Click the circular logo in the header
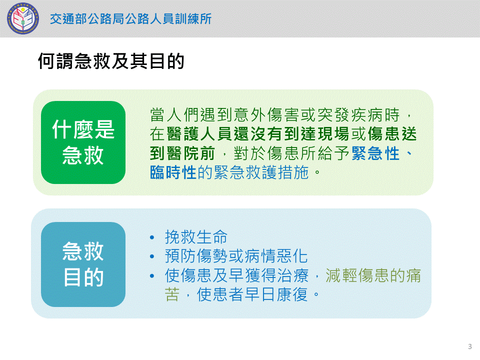23,18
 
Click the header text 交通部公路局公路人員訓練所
130,18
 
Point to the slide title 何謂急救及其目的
111,61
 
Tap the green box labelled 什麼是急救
83,142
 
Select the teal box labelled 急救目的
83,264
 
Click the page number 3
470,346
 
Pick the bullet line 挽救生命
196,237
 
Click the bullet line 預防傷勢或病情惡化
236,256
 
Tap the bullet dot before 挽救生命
152,237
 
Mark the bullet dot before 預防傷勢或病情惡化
152,256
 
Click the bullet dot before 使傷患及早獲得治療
152,276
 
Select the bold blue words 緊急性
375,153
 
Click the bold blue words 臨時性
173,172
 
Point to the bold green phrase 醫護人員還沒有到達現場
258,134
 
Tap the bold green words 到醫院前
182,153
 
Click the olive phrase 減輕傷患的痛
373,275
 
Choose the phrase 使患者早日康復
252,294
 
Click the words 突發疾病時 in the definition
358,115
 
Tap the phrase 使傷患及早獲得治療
236,275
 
